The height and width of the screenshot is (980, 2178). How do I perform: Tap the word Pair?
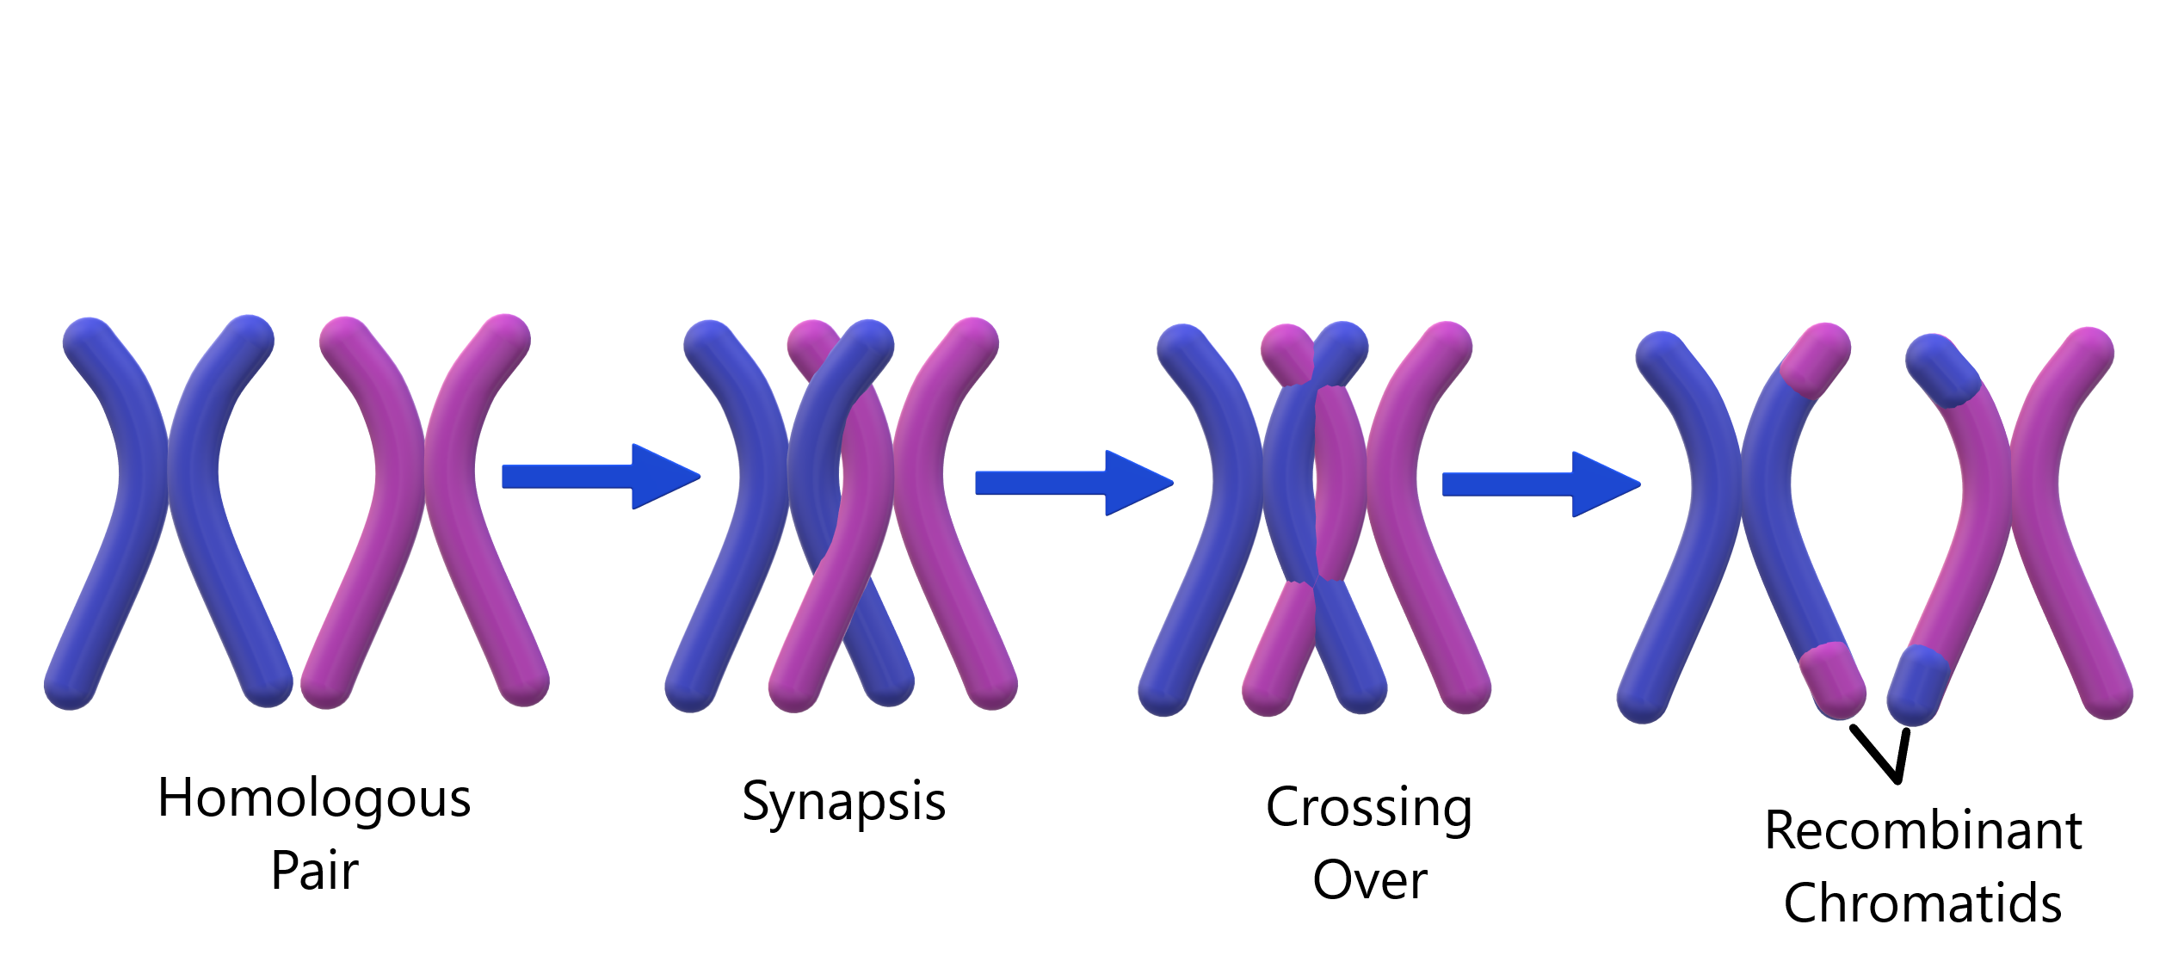314,871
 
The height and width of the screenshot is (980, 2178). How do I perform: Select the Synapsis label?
843,802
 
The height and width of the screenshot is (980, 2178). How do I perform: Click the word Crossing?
1369,809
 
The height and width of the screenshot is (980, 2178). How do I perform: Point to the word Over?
1369,880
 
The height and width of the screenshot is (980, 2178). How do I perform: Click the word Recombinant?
1922,831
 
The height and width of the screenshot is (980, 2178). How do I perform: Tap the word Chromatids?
1922,903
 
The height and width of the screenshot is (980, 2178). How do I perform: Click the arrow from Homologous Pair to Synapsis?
600,476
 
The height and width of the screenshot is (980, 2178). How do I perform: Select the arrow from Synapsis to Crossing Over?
1073,483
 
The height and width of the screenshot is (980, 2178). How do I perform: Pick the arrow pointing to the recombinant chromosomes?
1540,484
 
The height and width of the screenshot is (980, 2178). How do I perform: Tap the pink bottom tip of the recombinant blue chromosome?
1834,681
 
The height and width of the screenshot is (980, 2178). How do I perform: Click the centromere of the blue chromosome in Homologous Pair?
168,472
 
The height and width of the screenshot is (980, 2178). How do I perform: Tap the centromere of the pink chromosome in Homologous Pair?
424,472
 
